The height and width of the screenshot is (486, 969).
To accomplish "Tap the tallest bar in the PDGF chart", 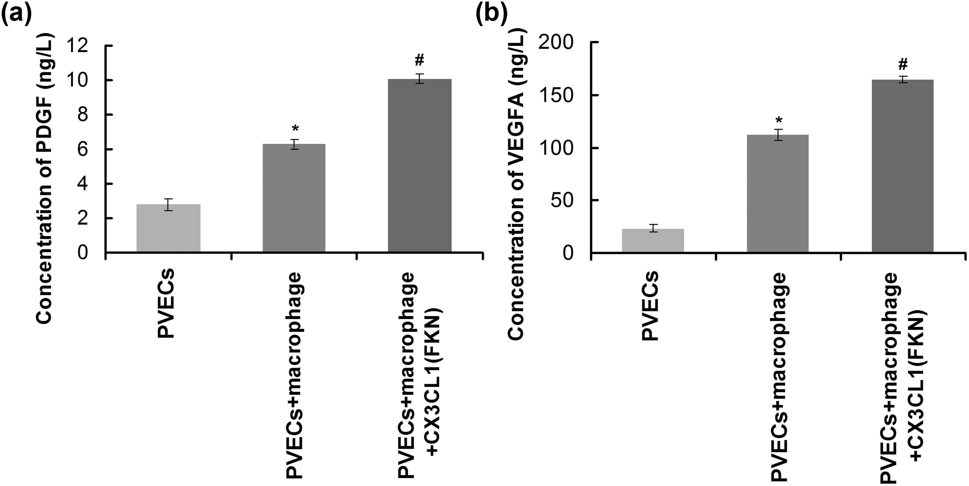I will pyautogui.click(x=419, y=166).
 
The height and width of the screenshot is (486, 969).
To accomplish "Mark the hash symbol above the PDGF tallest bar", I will pyautogui.click(x=420, y=60).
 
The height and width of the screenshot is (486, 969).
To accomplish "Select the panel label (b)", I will pyautogui.click(x=491, y=14).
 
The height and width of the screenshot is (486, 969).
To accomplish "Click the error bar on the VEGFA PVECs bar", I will pyautogui.click(x=653, y=228).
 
